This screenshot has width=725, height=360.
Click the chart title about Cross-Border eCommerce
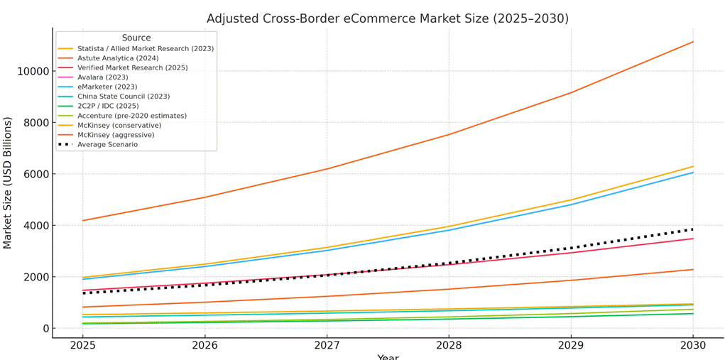pyautogui.click(x=387, y=18)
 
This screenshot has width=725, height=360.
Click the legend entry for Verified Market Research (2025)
pyautogui.click(x=132, y=68)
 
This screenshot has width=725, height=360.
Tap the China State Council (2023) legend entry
pyautogui.click(x=124, y=97)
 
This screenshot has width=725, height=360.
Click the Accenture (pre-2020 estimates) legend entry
pyautogui.click(x=132, y=116)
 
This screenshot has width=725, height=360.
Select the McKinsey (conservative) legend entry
pyautogui.click(x=119, y=126)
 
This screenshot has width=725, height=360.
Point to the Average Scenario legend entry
pyautogui.click(x=107, y=145)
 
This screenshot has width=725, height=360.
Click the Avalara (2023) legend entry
pyautogui.click(x=102, y=77)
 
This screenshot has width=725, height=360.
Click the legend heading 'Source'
pyautogui.click(x=136, y=38)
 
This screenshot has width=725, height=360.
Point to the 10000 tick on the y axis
pyautogui.click(x=32, y=72)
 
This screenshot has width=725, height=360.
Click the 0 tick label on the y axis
pyautogui.click(x=45, y=329)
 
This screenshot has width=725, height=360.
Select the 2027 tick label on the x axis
pyautogui.click(x=327, y=346)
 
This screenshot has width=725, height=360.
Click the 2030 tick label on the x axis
pyautogui.click(x=693, y=346)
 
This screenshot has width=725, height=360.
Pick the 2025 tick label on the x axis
pyautogui.click(x=83, y=346)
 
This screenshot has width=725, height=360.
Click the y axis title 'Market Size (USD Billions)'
pyautogui.click(x=9, y=182)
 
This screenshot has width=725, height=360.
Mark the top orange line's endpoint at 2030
pyautogui.click(x=693, y=42)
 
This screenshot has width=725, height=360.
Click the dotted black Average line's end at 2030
pyautogui.click(x=693, y=229)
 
